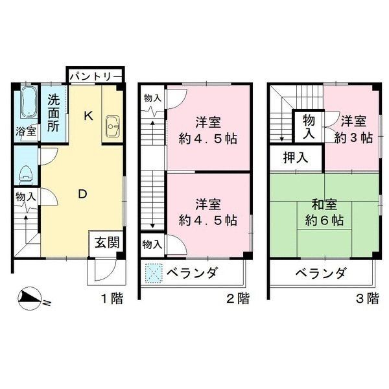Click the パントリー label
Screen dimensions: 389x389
94,76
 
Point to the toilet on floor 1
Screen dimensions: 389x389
26,173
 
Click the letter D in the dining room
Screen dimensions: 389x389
82,193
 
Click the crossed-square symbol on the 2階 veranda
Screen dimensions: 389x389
152,273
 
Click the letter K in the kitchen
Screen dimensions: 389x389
89,116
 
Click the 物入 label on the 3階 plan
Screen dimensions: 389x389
310,126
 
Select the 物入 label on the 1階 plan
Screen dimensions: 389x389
25,197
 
